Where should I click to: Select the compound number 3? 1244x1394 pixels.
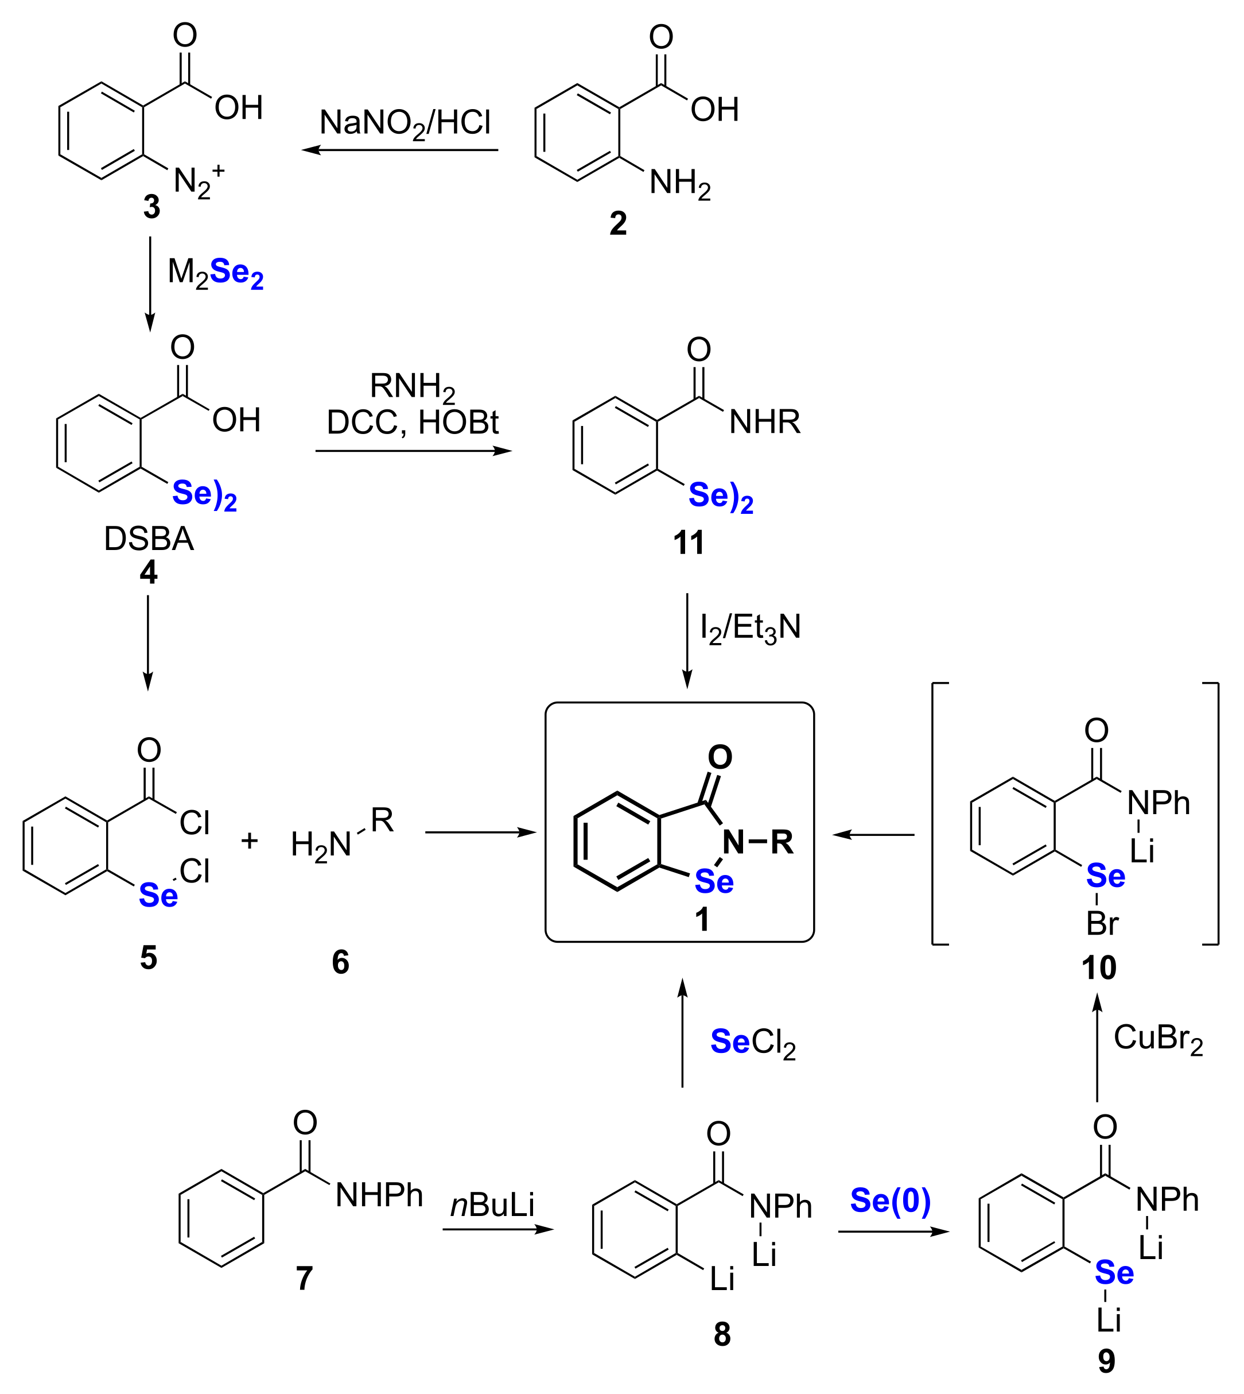point(151,207)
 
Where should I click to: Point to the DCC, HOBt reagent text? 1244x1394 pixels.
point(412,422)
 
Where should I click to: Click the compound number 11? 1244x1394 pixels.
point(689,543)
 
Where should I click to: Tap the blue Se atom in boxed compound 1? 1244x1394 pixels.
point(714,882)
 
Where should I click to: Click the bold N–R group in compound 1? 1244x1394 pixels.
point(757,842)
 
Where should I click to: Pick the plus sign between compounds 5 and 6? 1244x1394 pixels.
point(250,841)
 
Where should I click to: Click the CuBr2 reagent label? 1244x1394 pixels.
point(1158,1038)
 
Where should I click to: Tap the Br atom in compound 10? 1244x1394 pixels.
point(1102,924)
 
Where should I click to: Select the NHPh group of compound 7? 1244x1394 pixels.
point(379,1195)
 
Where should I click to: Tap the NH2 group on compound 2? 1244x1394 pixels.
point(679,183)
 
